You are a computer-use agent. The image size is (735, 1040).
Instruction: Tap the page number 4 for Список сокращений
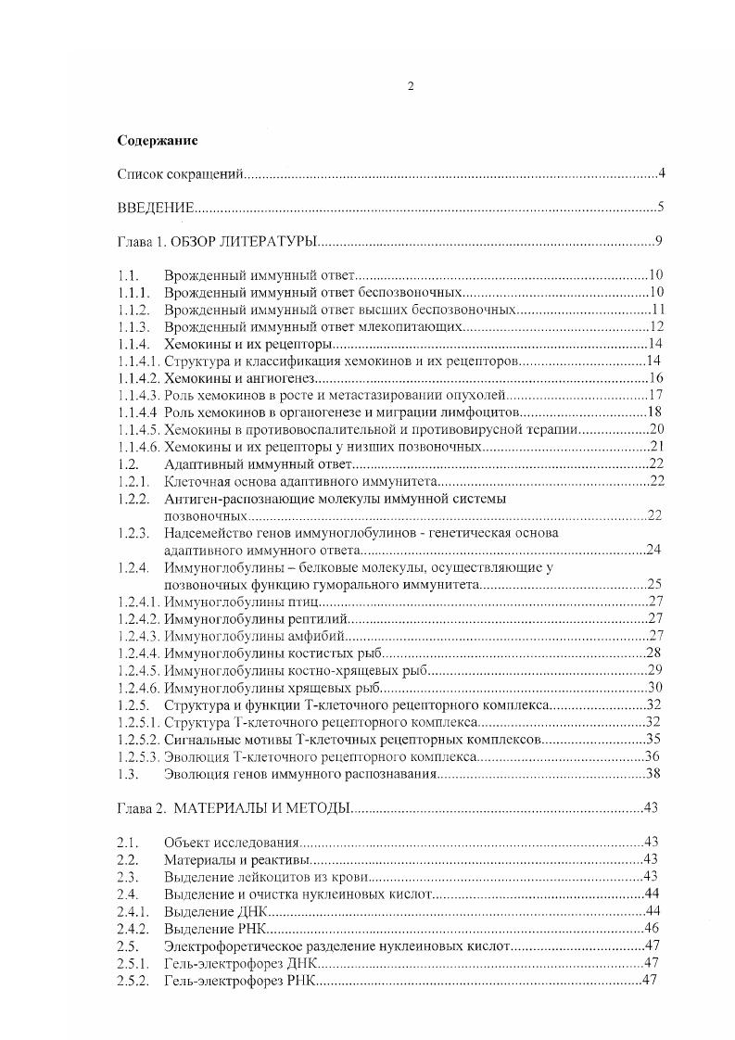[660, 173]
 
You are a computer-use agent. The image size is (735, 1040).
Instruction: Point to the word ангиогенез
[282, 378]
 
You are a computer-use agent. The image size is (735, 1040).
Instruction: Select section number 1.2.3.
[134, 533]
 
